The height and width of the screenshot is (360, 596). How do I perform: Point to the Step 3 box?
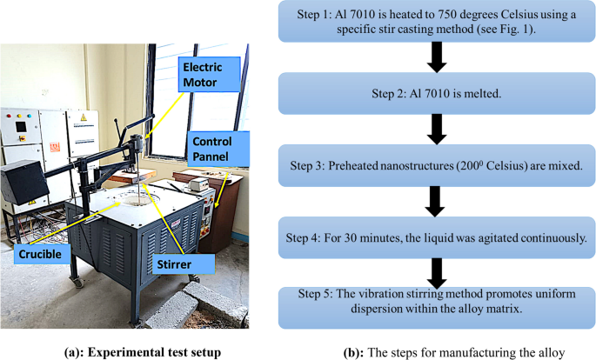[435, 163]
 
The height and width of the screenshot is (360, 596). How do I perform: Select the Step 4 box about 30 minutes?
[435, 236]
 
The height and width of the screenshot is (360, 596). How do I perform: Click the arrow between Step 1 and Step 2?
[435, 57]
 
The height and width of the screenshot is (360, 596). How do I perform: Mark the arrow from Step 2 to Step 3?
[435, 128]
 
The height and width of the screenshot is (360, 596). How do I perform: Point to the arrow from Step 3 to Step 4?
[435, 201]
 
